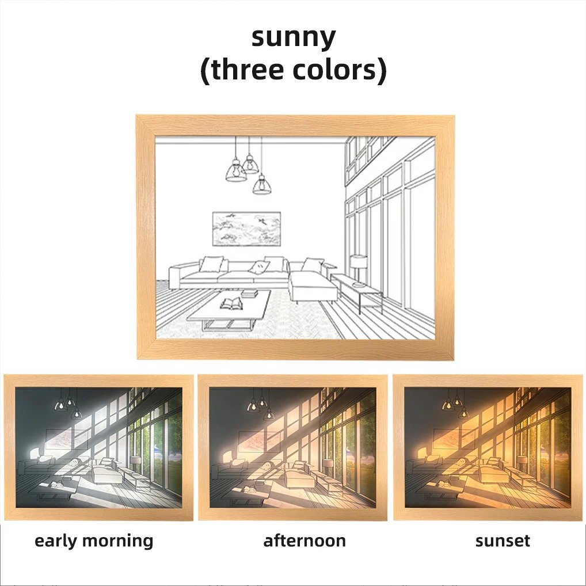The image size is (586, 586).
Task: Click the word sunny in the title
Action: tap(294, 37)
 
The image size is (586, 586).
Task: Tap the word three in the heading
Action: tap(246, 70)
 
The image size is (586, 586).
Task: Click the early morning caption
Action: tap(94, 541)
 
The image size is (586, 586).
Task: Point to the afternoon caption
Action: tap(305, 541)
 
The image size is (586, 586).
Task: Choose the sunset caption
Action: tap(503, 541)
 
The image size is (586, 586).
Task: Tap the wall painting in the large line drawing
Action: tap(246, 229)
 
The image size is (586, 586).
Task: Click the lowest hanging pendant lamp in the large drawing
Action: tap(262, 185)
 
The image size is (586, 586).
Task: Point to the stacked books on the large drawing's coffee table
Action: tap(249, 294)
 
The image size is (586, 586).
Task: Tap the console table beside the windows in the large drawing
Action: tap(356, 291)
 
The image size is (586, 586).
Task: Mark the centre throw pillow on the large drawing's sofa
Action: tap(260, 267)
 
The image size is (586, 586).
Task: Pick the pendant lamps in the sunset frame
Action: tap(456, 404)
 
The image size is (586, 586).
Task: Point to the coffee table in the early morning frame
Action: tap(56, 487)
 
